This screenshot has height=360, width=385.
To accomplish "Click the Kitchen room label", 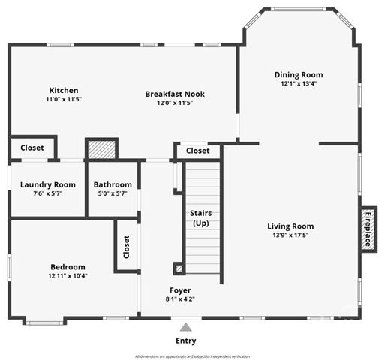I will tap(64, 91).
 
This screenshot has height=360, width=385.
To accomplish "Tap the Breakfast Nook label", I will tap(175, 94).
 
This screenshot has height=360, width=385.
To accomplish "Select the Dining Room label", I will tap(298, 75).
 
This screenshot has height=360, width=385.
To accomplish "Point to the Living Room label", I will tap(290, 226).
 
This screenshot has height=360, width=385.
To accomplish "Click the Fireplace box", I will tap(368, 229).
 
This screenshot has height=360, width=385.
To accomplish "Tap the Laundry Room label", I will tap(47, 184).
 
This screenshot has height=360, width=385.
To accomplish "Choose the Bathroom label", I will tap(113, 184).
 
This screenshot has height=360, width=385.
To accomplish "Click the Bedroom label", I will tap(68, 266).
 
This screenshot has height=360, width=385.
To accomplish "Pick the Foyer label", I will tap(180, 289).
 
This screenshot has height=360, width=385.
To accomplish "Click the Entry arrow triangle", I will tap(185, 326).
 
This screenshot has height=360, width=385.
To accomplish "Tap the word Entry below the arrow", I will tap(185, 340).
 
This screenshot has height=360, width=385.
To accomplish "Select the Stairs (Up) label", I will tap(201, 218).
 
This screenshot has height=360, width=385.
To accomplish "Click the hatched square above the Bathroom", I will tap(102, 148).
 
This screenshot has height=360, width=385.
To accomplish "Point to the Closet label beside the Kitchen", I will tap(32, 148).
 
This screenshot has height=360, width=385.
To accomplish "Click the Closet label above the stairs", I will tap(198, 151).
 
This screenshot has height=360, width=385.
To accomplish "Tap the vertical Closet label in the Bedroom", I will tap(126, 246).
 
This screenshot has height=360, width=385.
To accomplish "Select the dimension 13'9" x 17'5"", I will tap(290, 235).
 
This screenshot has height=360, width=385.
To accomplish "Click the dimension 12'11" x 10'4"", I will tap(68, 275).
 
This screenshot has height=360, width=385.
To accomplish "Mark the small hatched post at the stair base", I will tap(179, 267).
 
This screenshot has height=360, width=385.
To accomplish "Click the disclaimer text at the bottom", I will tap(192, 355).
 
